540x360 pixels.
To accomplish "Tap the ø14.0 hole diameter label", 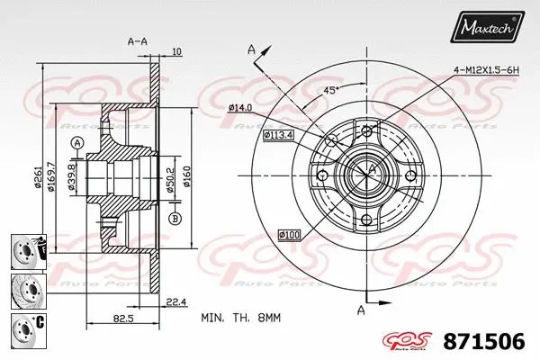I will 239,108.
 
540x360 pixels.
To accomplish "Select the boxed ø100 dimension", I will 290,236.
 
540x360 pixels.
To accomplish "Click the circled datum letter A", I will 77,143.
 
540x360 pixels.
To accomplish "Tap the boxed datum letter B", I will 174,217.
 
